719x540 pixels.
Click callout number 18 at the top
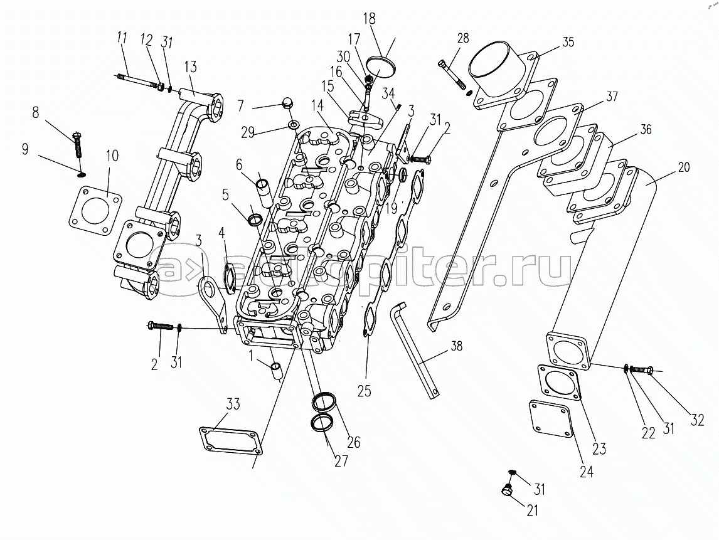369,19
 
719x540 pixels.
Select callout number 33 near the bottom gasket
233,405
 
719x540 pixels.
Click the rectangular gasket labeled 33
232,442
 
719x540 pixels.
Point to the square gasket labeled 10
95,211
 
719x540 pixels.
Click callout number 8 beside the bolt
36,112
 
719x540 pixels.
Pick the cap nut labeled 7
288,105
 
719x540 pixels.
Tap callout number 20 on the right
683,168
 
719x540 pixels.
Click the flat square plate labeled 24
552,419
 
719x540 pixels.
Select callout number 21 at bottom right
532,510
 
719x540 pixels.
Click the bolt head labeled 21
508,490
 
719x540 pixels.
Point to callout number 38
456,346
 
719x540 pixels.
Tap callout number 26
353,442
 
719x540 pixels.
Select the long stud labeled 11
138,81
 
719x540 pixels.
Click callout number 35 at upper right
568,42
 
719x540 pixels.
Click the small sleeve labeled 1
277,371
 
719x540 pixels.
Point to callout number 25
364,391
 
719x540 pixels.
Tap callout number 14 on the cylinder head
317,105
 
